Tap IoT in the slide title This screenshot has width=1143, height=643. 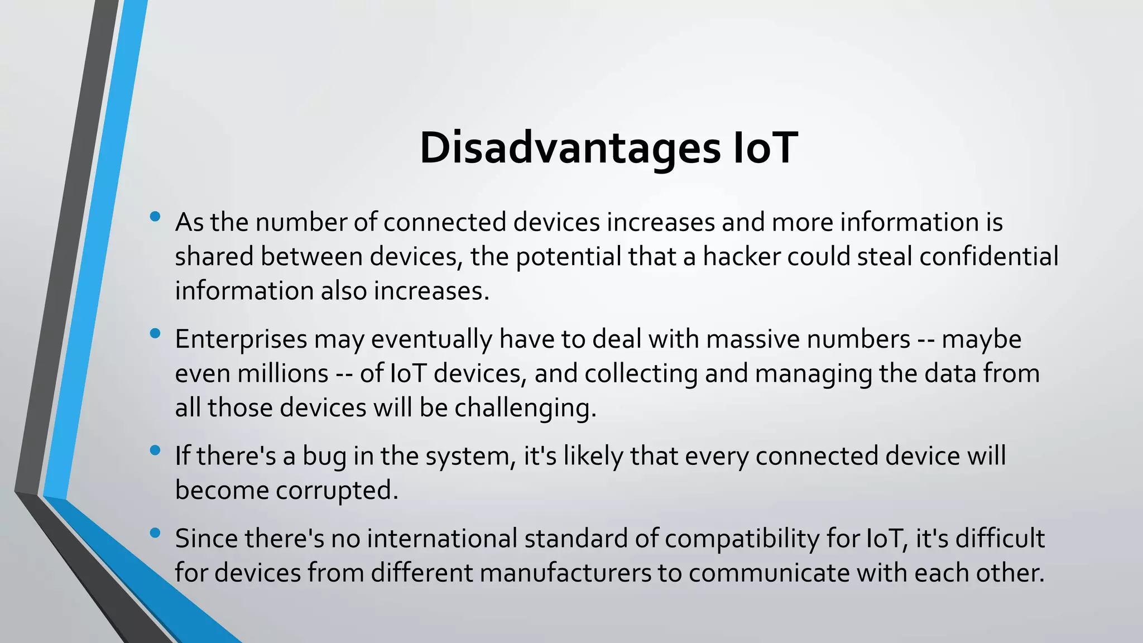point(765,148)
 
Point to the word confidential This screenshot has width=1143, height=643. point(988,257)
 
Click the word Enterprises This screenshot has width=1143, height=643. point(241,339)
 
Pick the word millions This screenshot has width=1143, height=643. point(282,373)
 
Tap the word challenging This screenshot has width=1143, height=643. point(525,408)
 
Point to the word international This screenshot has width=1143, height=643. point(442,539)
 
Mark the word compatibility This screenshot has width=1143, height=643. point(758,539)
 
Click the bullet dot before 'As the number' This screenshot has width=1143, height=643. point(155,217)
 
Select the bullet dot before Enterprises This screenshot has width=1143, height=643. point(155,334)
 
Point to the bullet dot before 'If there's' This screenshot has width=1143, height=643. point(155,450)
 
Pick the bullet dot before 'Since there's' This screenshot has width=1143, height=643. point(155,533)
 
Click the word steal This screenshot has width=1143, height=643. point(885,257)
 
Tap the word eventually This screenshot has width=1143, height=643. point(431,339)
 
